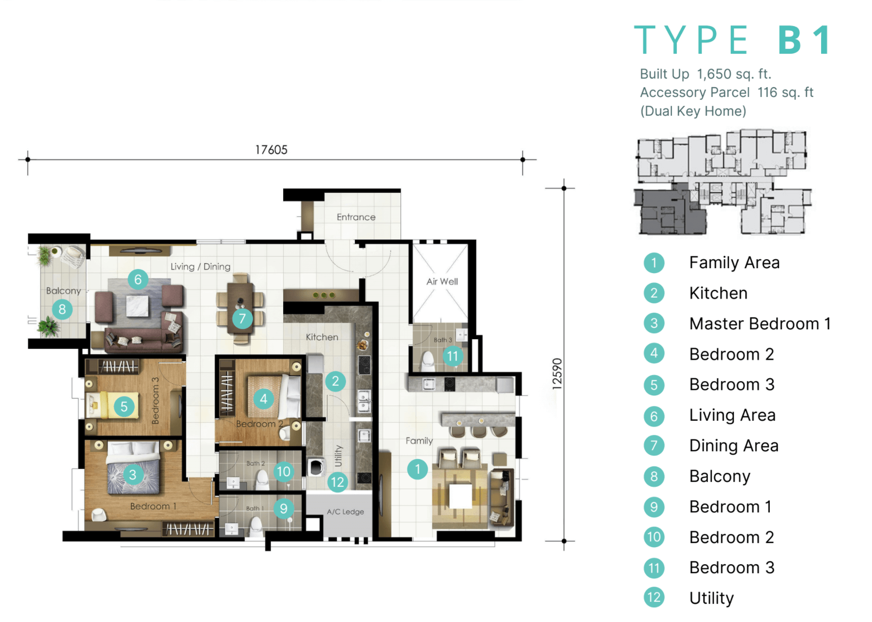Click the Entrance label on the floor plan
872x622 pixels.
tap(356, 217)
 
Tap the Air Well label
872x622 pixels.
tap(442, 281)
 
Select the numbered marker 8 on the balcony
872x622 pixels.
tap(62, 309)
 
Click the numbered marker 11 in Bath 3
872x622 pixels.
tap(453, 356)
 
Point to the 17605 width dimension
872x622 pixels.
tap(271, 150)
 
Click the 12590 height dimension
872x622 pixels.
tap(557, 374)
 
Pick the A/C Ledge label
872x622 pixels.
tap(345, 512)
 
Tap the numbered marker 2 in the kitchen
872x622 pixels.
tap(335, 381)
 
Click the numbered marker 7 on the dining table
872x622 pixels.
tap(242, 319)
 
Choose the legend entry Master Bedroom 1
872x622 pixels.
tap(760, 324)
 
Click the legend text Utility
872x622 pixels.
tap(712, 598)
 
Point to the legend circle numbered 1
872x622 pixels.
tap(654, 263)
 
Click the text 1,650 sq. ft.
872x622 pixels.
tap(734, 74)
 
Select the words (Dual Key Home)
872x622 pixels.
tap(693, 111)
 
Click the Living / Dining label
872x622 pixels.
tap(201, 267)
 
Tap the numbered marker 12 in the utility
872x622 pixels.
tap(337, 483)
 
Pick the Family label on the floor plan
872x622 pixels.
tap(419, 441)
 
